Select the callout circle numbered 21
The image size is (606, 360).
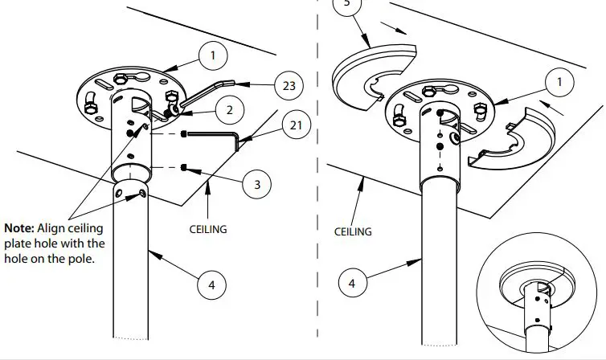[297, 125]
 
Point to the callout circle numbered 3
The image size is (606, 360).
[256, 184]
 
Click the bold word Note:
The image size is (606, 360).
[21, 227]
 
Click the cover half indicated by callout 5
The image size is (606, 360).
[373, 77]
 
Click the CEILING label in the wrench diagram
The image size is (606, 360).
[208, 229]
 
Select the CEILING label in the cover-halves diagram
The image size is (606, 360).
[353, 231]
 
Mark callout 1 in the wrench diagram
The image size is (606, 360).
[212, 55]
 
